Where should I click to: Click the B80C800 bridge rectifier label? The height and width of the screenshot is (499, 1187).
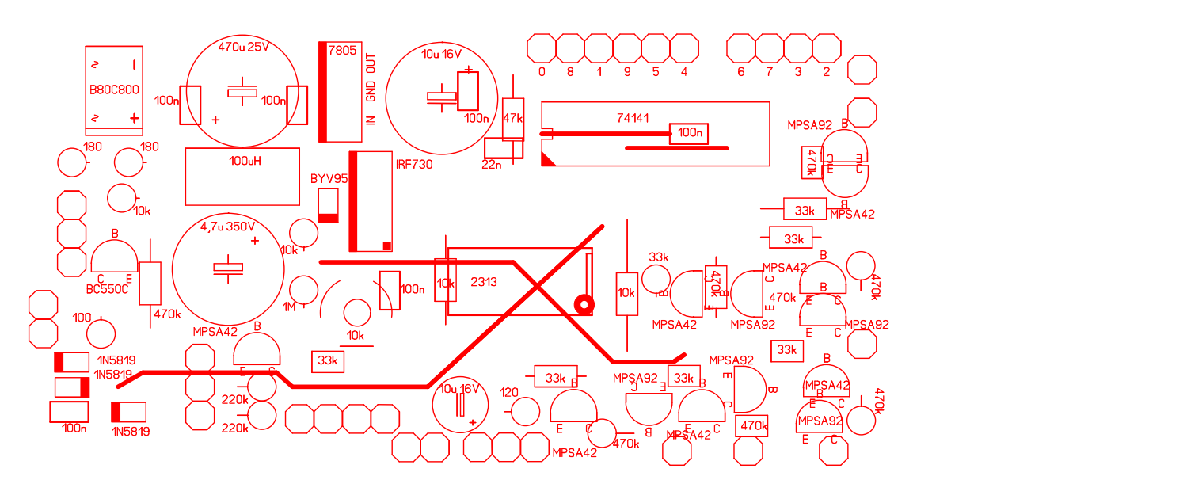click(x=114, y=90)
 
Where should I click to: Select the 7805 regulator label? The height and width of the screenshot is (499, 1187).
click(x=342, y=50)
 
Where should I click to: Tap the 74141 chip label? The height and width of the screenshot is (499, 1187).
click(x=633, y=118)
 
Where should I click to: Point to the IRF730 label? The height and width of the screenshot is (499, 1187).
click(x=414, y=165)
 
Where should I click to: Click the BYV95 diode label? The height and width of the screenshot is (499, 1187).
click(x=329, y=179)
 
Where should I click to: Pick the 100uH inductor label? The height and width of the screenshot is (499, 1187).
click(x=245, y=160)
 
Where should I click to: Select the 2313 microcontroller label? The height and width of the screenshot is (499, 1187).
click(x=483, y=281)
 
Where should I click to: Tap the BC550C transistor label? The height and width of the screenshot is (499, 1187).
click(x=107, y=290)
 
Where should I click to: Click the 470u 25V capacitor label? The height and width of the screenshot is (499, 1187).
click(x=243, y=47)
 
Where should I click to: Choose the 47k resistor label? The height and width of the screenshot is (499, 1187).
click(x=513, y=118)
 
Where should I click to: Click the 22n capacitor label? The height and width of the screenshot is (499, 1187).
click(x=492, y=165)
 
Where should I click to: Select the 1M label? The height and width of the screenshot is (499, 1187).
click(x=289, y=307)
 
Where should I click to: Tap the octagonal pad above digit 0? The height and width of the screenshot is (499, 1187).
click(x=542, y=48)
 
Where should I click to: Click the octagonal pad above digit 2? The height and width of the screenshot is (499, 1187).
click(x=826, y=48)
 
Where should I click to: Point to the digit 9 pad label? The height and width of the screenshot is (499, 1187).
click(x=627, y=72)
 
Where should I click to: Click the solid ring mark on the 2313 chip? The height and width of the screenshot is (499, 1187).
click(x=584, y=303)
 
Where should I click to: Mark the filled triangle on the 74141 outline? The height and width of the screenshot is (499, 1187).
click(x=547, y=159)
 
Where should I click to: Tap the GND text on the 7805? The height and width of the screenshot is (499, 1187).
click(x=371, y=92)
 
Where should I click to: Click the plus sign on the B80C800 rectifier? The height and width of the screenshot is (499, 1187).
click(x=135, y=119)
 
